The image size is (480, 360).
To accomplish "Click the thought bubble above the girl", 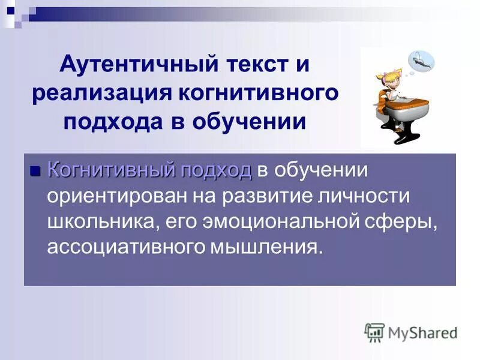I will click(421, 61).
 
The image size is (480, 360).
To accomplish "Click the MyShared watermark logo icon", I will click(374, 332).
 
